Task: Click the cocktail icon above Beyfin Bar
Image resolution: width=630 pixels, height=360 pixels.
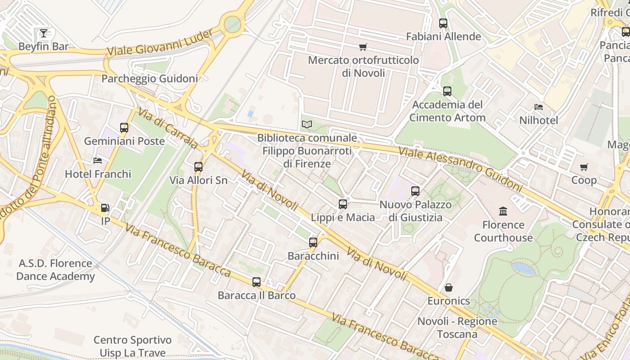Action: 43,33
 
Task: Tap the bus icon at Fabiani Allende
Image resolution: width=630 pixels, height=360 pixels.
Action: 443,23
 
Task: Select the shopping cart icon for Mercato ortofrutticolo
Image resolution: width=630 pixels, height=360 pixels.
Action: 363,47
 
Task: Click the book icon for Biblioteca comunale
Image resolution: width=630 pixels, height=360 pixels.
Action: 307,124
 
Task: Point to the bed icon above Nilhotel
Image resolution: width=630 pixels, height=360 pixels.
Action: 539,107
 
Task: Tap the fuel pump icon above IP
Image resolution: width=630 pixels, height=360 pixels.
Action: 105,208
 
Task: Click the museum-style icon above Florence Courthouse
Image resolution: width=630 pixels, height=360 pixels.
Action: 503,211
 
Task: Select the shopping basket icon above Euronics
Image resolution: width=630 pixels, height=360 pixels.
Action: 449,288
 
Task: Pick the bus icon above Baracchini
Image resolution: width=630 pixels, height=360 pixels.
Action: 313,243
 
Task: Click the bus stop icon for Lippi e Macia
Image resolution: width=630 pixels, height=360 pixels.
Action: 343,204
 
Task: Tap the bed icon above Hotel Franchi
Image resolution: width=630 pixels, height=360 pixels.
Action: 98,161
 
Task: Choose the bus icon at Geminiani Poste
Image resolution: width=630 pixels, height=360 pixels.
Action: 124,128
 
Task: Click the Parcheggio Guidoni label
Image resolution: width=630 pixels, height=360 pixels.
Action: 149,79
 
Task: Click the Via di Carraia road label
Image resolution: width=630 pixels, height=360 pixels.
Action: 168,128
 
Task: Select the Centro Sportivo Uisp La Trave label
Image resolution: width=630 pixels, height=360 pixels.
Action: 132,346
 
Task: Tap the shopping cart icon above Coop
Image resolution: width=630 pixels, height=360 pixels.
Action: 584,167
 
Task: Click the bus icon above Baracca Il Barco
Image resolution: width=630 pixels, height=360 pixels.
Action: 256,282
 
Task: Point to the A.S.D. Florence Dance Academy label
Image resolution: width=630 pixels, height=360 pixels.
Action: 55,270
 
